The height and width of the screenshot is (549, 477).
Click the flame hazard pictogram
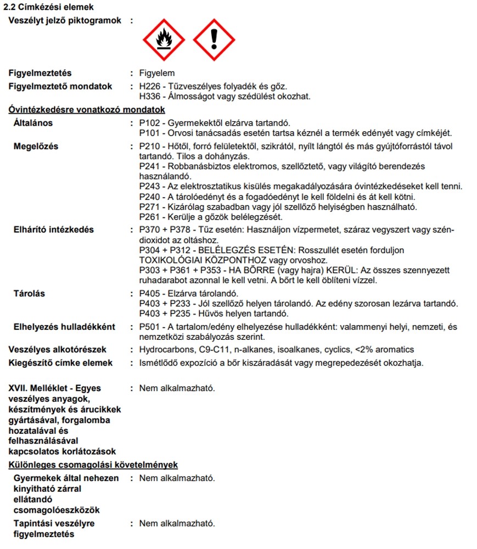point(162,40)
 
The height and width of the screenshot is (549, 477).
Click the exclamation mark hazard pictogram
point(214,40)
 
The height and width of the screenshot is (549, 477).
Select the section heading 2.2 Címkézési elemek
point(48,7)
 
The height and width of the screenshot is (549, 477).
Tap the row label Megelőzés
point(36,146)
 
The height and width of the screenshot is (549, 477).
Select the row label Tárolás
point(29,293)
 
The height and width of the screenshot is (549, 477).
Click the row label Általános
point(33,122)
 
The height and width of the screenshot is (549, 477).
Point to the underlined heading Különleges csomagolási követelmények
point(93,464)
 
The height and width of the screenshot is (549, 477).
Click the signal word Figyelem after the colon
point(157,73)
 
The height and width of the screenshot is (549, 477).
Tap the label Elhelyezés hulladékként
point(64,327)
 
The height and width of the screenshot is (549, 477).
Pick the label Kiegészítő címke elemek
point(60,362)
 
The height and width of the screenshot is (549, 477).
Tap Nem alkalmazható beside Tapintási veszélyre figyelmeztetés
point(177,523)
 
